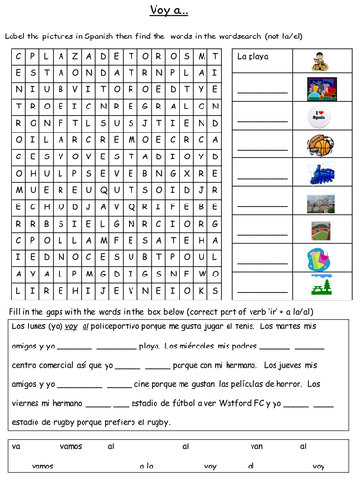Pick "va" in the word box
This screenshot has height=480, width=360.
coord(16,446)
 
